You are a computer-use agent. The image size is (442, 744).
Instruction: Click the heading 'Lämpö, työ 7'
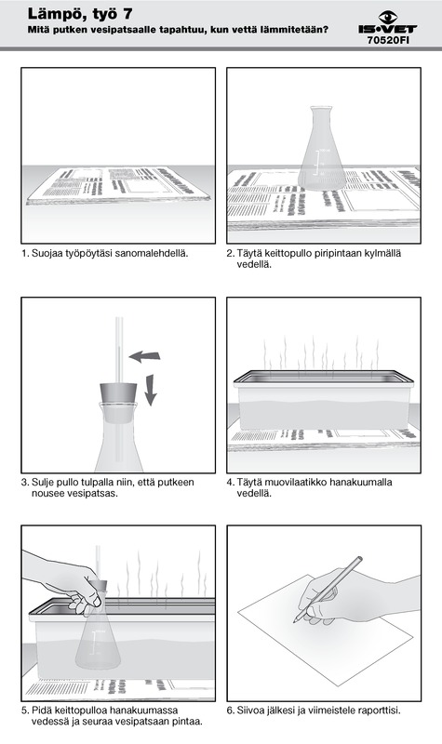(80, 13)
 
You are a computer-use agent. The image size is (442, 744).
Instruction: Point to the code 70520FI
(388, 40)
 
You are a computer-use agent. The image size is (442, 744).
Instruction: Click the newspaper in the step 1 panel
(119, 185)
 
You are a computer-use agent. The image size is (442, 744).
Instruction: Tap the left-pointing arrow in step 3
(145, 355)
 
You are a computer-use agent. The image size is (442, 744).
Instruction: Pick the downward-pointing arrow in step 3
(150, 390)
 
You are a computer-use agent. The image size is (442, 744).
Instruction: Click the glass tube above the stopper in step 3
(119, 350)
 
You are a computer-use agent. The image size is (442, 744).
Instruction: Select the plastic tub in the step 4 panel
(323, 401)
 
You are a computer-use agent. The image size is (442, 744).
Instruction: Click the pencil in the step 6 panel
(328, 590)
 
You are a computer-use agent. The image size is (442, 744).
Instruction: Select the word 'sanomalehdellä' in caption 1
(157, 253)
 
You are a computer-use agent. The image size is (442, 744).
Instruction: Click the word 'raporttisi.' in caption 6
(380, 711)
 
